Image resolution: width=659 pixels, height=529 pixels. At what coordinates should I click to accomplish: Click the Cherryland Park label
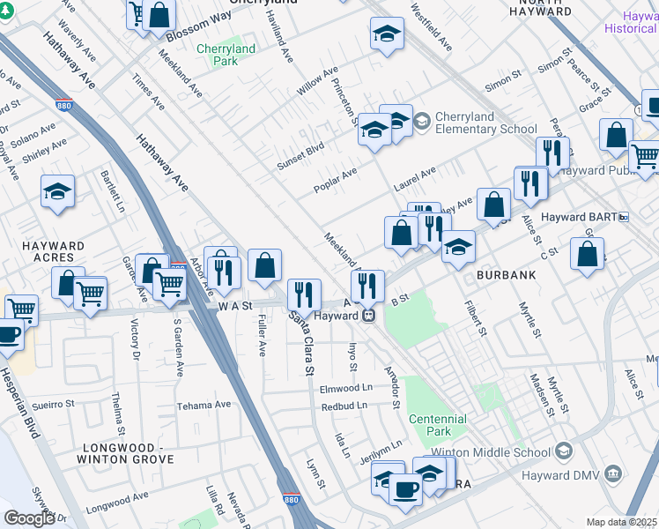[226, 56]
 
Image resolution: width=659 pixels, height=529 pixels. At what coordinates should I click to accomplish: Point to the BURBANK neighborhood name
[507, 275]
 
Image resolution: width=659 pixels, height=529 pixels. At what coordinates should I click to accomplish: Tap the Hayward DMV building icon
[614, 476]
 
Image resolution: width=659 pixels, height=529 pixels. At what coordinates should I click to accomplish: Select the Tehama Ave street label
[204, 405]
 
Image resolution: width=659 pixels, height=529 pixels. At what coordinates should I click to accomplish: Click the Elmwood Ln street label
[346, 388]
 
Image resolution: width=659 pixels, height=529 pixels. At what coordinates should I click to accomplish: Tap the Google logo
[28, 518]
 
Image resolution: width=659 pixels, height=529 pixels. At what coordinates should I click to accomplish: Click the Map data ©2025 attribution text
[622, 522]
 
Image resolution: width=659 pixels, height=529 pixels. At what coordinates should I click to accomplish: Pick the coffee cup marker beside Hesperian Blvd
[9, 334]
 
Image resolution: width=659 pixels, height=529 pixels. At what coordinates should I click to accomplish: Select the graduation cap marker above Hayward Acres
[57, 190]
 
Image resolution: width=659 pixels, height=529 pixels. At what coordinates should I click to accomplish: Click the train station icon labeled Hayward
[371, 315]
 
